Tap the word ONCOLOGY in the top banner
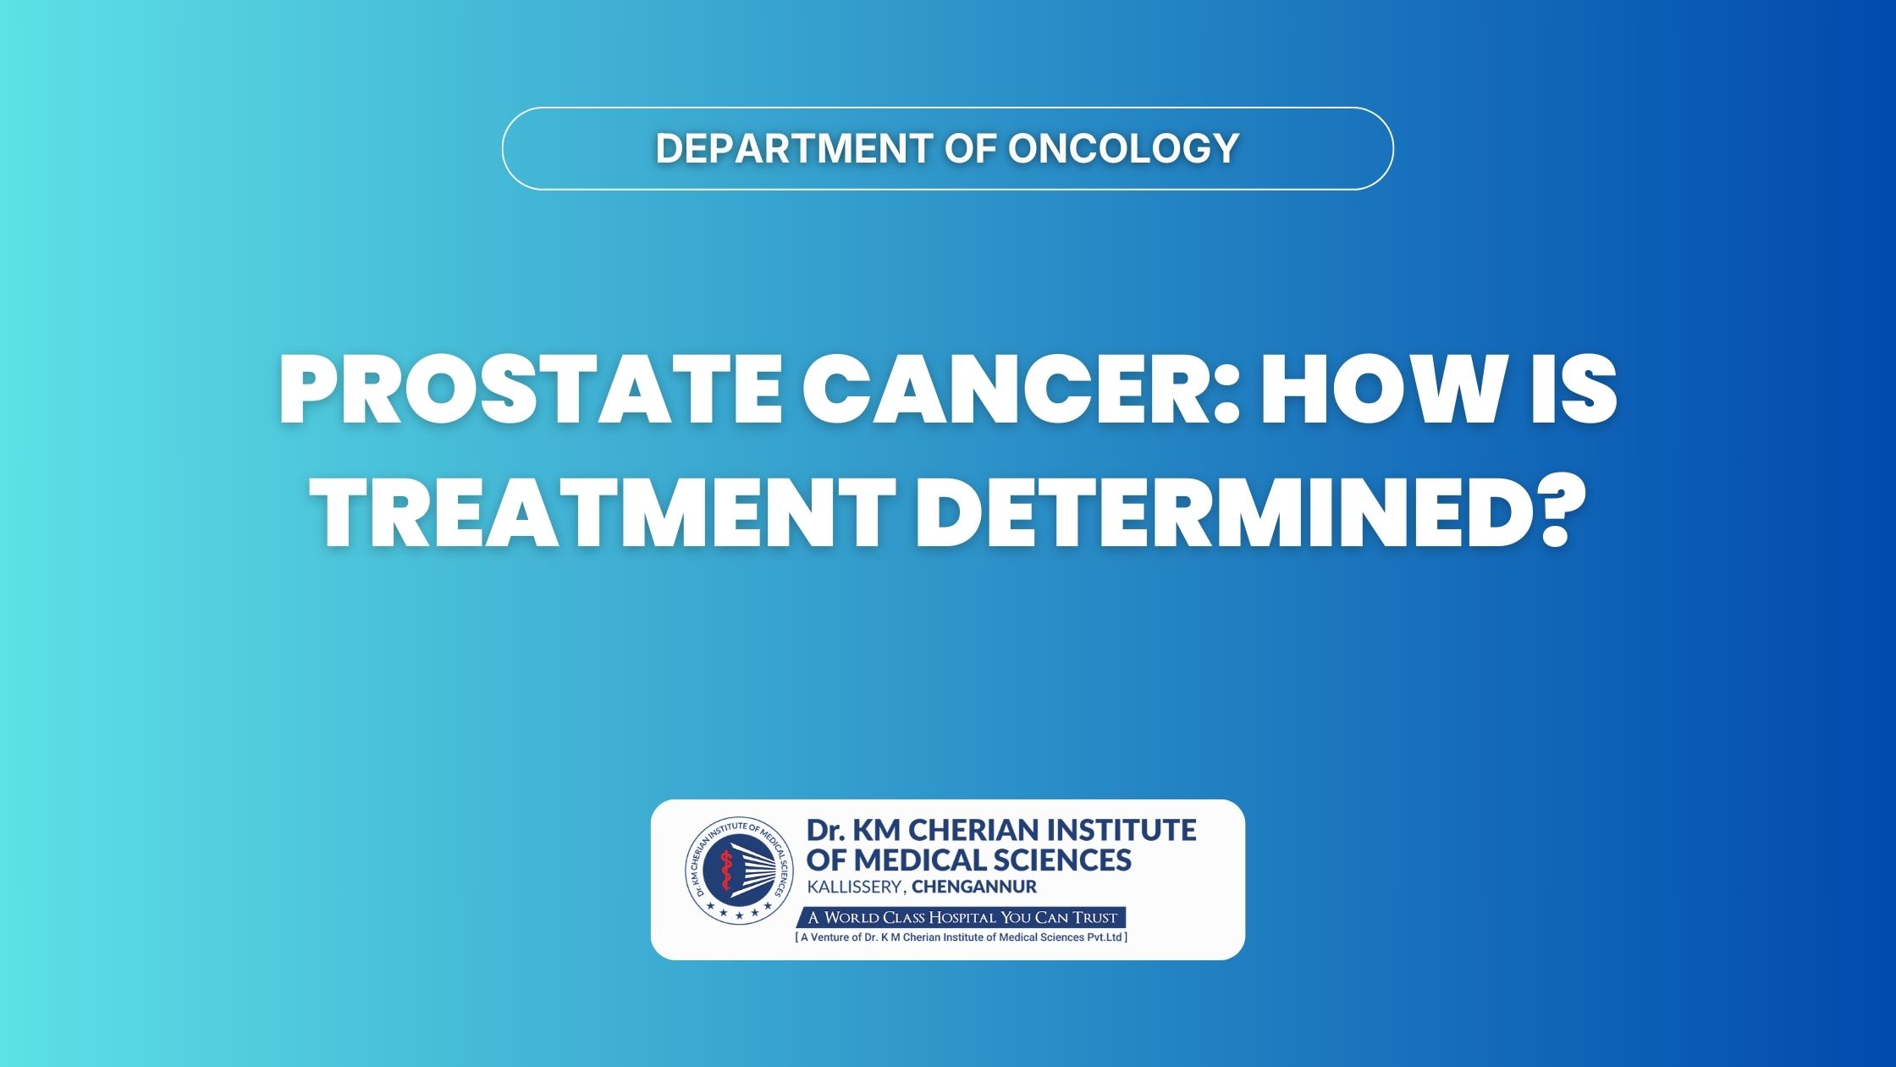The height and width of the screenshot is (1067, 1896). pos(1124,148)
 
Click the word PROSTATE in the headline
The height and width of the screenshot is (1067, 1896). pos(530,393)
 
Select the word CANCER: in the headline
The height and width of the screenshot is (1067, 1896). pos(1021,393)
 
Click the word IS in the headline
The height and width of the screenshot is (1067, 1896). pos(1575,393)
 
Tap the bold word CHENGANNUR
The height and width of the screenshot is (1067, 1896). pos(974,887)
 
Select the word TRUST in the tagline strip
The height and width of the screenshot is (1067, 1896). pos(1091,917)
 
